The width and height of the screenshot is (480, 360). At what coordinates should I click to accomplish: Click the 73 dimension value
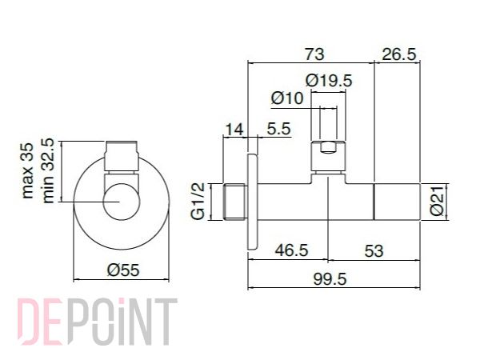click(x=314, y=54)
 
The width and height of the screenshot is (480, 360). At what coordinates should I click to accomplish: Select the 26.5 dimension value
click(x=399, y=54)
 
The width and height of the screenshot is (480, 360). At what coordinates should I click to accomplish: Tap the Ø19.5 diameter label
click(x=329, y=81)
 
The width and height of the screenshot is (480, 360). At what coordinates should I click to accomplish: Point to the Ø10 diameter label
click(x=287, y=98)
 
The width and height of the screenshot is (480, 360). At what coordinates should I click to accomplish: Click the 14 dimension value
click(x=234, y=130)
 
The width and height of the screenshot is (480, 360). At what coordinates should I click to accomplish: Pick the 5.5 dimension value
click(x=278, y=129)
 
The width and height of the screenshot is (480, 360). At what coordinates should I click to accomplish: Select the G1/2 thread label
click(x=198, y=201)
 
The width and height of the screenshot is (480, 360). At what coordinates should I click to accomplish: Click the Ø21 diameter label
click(x=437, y=201)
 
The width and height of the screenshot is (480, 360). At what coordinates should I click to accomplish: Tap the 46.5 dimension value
click(x=291, y=250)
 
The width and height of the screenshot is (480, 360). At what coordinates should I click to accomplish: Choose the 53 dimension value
click(x=374, y=251)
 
